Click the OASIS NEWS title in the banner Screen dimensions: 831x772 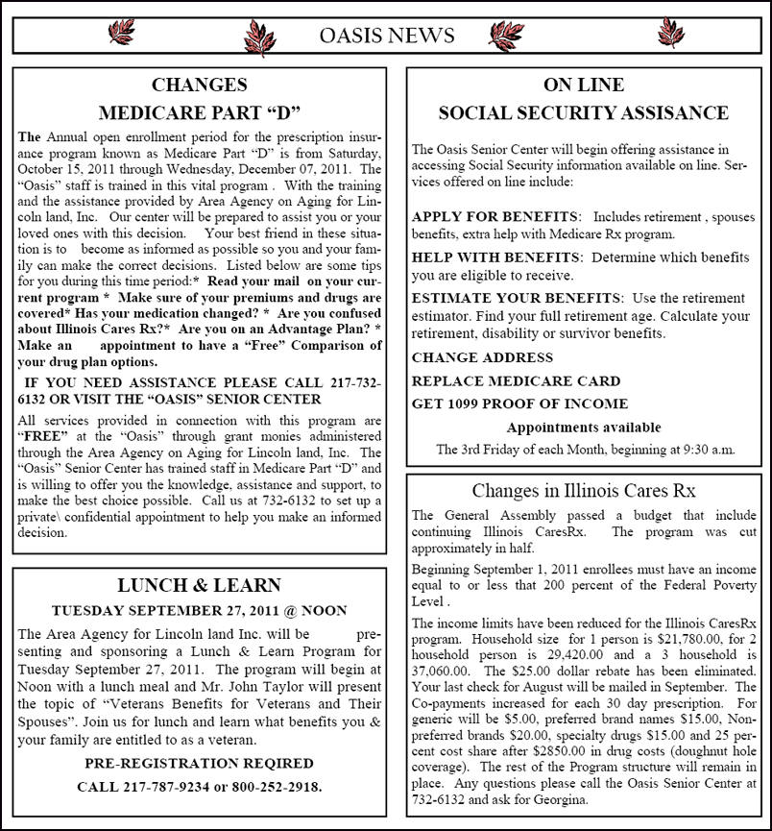pyautogui.click(x=386, y=36)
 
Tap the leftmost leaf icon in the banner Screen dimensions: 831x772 pyautogui.click(x=121, y=35)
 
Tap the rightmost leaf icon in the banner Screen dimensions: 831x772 pyautogui.click(x=671, y=34)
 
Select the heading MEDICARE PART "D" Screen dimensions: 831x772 pyautogui.click(x=200, y=111)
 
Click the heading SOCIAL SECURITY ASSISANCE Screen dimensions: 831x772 pyautogui.click(x=583, y=112)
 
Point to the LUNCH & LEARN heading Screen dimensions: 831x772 pyautogui.click(x=199, y=585)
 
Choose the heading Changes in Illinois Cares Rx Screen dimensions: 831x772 pyautogui.click(x=583, y=490)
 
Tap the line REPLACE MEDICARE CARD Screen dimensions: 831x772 pyautogui.click(x=516, y=380)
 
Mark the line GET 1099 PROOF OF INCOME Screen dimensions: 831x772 pyautogui.click(x=519, y=403)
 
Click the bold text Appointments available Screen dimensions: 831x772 pyautogui.click(x=583, y=427)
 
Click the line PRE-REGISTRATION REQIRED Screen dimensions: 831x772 pyautogui.click(x=199, y=764)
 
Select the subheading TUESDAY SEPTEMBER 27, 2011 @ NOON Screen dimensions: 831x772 pyautogui.click(x=199, y=610)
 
